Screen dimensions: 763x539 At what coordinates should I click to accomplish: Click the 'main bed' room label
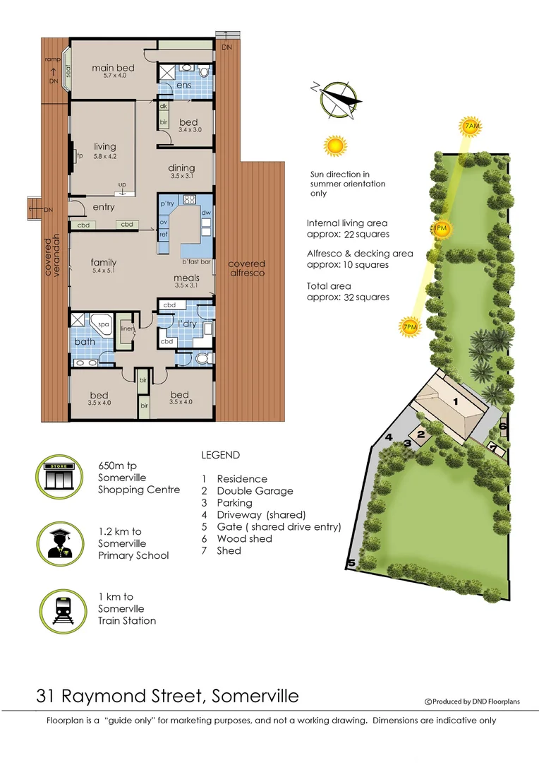[113, 68]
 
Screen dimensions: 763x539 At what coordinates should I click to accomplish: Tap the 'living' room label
[104, 147]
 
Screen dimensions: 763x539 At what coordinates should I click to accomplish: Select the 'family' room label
[103, 262]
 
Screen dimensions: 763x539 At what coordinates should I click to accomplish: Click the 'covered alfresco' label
[246, 268]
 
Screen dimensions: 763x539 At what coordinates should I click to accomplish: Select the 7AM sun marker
[471, 126]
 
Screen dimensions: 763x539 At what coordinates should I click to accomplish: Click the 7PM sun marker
[410, 327]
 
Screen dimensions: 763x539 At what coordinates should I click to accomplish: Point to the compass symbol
[337, 99]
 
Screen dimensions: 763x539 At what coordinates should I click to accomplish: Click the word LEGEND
[220, 455]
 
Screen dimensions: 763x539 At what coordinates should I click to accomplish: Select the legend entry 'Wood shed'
[244, 538]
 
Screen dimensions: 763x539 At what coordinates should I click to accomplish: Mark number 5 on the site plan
[350, 563]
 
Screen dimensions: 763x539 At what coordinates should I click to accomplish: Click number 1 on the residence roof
[455, 401]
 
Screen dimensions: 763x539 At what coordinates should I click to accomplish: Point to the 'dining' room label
[181, 167]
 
